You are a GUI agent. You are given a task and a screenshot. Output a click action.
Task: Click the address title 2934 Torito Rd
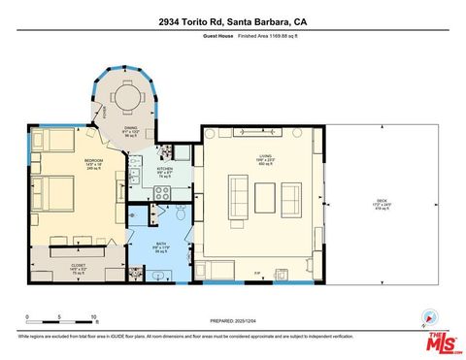tap(232, 19)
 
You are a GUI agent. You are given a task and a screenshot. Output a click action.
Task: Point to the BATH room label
tap(160, 245)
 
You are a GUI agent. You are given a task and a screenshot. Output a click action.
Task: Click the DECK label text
tap(381, 202)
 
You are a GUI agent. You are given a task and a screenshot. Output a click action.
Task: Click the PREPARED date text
tap(233, 321)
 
